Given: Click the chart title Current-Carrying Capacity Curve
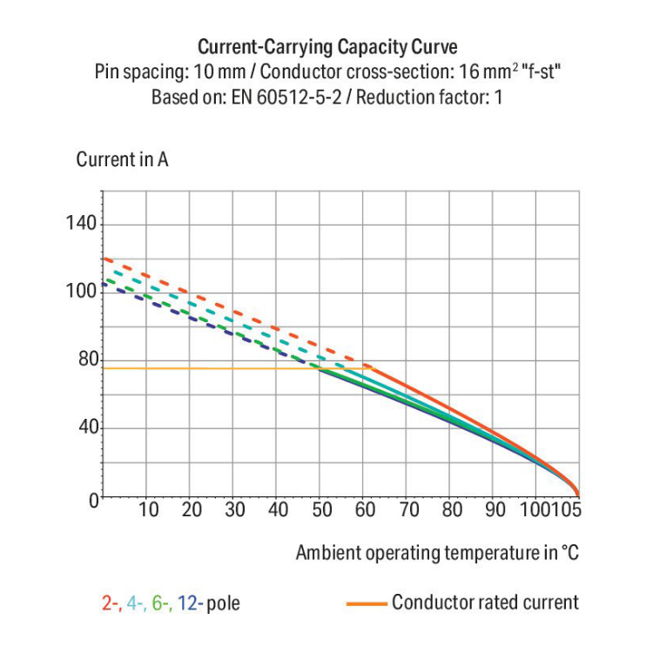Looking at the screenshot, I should point(326,47).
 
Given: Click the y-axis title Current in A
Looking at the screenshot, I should point(122,160).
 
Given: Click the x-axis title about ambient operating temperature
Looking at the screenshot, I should point(437,553).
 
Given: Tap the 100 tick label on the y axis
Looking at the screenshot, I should point(81,292).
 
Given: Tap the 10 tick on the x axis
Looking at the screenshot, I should point(149,510).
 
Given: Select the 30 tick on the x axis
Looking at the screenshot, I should point(235,510).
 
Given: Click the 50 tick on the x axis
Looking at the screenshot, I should point(321,510).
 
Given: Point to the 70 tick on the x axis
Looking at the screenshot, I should point(408,510).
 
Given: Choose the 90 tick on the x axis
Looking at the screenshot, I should point(495,510).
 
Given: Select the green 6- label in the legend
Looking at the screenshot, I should point(163,603).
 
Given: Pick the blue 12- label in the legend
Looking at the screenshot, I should point(191,603).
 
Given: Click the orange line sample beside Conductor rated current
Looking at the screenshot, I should point(366,603).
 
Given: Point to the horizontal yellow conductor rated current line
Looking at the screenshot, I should point(209,368).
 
